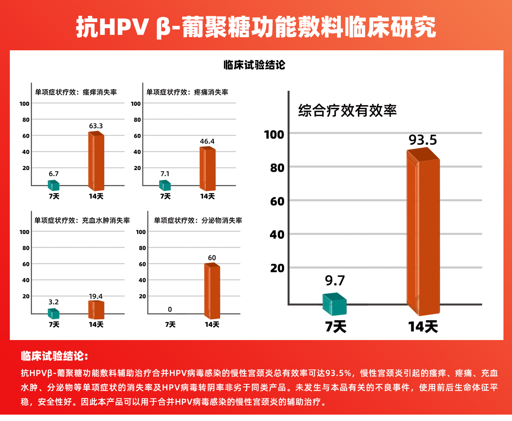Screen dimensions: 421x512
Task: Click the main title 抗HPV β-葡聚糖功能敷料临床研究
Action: point(256,27)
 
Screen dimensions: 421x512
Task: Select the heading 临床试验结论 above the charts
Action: point(254,65)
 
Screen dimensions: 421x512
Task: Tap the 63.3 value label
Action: point(96,126)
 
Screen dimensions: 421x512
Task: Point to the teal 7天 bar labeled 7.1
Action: point(165,185)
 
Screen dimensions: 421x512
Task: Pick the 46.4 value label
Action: point(207,141)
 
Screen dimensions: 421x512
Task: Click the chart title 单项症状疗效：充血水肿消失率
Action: point(82,221)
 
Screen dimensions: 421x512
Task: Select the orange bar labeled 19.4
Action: point(96,310)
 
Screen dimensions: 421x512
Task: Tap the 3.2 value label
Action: point(53,302)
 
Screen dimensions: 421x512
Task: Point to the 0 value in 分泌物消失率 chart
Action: point(170,309)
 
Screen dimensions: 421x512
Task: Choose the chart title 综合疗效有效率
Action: point(347,111)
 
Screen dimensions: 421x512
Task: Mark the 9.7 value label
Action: point(335,281)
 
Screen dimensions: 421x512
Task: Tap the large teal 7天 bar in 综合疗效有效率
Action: point(334,304)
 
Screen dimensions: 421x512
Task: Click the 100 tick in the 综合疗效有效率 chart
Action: point(274,134)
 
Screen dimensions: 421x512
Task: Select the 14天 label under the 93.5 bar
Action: point(423,327)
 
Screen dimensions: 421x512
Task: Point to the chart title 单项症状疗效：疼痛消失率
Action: point(187,92)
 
